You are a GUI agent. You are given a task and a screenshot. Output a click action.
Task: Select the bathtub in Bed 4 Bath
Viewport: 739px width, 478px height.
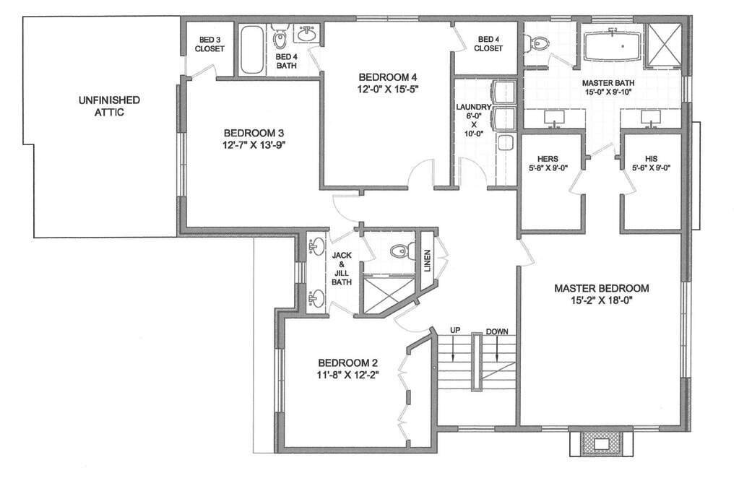click(251, 49)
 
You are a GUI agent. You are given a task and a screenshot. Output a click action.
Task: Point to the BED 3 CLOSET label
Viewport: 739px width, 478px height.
click(209, 44)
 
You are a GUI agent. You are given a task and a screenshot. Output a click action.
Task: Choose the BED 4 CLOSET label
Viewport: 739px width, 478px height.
click(488, 44)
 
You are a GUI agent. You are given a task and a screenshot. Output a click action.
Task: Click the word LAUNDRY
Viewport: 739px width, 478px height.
click(473, 107)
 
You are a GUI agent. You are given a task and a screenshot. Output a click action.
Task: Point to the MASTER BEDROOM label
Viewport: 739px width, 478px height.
click(601, 288)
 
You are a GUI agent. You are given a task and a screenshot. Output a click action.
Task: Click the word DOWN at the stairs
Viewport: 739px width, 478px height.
click(497, 331)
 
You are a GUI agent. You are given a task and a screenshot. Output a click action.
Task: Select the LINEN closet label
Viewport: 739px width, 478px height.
click(427, 256)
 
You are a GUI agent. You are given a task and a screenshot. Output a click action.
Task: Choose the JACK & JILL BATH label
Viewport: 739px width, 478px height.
click(341, 269)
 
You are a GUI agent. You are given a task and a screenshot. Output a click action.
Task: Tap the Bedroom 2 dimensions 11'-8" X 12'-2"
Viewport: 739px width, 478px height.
click(348, 375)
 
